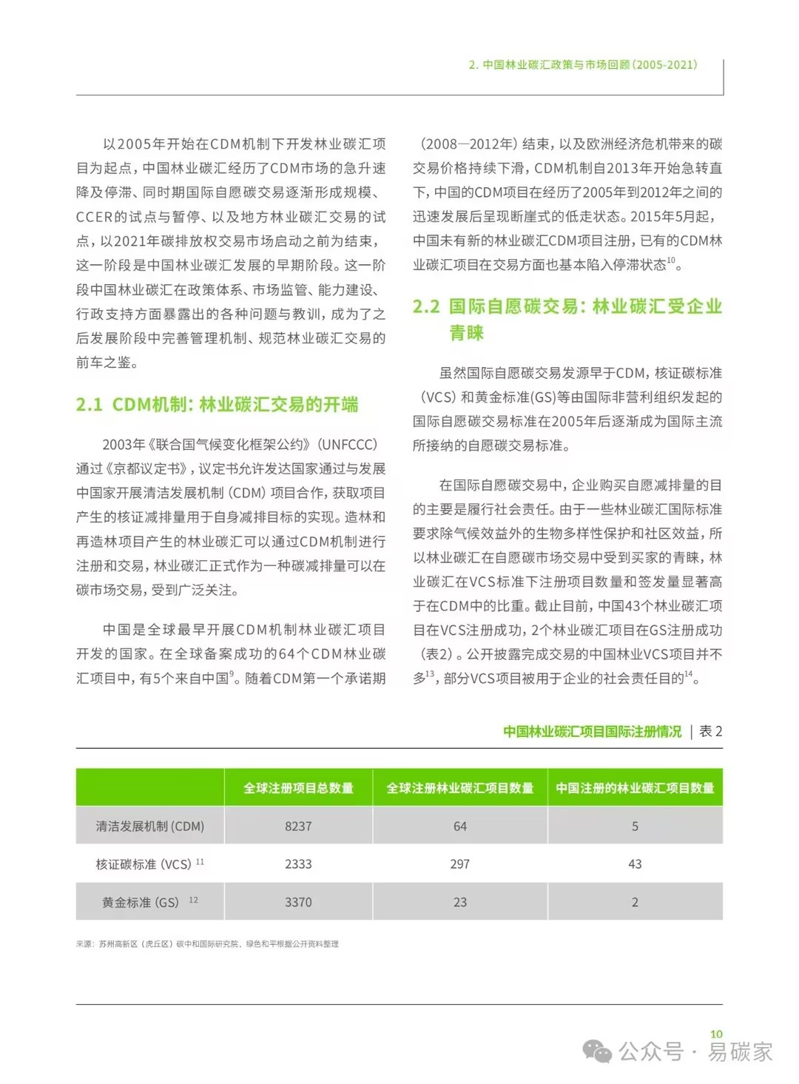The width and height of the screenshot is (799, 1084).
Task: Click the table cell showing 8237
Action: point(298,826)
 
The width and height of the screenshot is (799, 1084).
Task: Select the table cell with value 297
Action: point(459,864)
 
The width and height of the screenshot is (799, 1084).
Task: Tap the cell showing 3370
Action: point(298,902)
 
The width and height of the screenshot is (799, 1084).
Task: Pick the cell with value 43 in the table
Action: point(635,864)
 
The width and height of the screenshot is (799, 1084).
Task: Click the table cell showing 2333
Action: point(298,864)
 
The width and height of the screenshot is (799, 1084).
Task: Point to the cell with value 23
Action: point(459,902)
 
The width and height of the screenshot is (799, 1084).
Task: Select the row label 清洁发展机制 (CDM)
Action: point(149,826)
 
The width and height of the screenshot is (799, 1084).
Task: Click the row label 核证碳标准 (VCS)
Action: point(144,864)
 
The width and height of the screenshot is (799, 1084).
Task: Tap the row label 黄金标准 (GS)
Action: point(141,902)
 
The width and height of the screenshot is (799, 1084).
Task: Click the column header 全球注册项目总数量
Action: point(298,787)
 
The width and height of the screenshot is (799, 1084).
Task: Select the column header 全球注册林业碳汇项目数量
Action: point(459,787)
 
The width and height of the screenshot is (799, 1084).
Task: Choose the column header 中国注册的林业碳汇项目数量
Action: point(635,787)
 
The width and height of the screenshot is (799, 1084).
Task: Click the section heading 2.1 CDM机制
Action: point(217,405)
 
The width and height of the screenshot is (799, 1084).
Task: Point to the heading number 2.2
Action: point(426,306)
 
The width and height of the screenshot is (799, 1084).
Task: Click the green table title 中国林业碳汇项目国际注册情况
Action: point(592,731)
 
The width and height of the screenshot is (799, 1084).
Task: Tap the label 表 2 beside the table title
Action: point(710,731)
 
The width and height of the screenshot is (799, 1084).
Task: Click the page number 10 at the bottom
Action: point(715,1034)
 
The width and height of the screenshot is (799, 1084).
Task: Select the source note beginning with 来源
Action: point(207,943)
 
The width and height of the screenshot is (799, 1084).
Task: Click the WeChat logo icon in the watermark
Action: point(597,1051)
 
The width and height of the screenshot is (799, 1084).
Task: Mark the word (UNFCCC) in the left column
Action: point(348,445)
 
